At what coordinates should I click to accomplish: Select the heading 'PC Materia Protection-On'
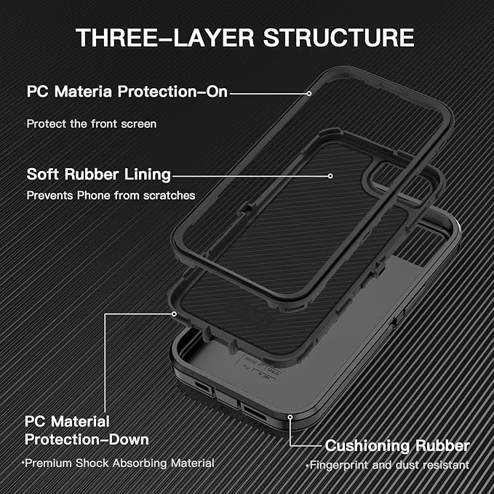tap(127, 92)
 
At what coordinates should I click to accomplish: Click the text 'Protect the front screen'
tap(92, 124)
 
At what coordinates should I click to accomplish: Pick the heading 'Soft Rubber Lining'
tap(98, 175)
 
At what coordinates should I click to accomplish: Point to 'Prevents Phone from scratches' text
tap(111, 195)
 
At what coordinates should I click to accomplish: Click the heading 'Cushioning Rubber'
tap(397, 445)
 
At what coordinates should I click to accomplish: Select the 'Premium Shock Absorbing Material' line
tap(117, 463)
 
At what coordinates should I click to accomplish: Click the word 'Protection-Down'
tap(87, 439)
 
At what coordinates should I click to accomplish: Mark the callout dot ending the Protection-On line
tap(309, 92)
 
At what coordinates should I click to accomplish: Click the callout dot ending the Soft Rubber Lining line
tap(330, 175)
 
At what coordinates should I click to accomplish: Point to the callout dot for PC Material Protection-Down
tap(174, 314)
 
